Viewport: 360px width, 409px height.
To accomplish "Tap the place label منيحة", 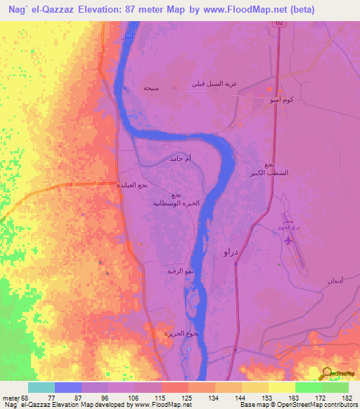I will coord(150,88).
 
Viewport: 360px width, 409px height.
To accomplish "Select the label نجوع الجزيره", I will coord(188,333).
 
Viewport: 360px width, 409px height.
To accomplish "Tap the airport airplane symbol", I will coord(288,240).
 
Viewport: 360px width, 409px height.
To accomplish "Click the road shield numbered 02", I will coord(280,22).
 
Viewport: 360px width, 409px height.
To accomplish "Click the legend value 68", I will coord(27,397).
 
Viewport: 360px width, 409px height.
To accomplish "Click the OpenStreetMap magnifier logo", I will coord(328,372).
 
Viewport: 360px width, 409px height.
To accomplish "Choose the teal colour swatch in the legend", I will coord(41,387).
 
